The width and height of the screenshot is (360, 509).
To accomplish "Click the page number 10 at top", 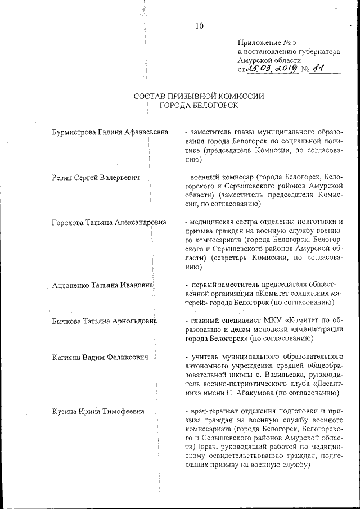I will pos(199,25).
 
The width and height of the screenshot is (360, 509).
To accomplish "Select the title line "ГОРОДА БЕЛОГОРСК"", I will pos(199,105).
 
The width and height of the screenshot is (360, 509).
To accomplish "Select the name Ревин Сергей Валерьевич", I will pos(92,177).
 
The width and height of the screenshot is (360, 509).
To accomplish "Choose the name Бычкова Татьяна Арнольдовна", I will pos(104,321).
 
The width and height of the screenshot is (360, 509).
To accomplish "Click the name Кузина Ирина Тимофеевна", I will pos(97,411).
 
